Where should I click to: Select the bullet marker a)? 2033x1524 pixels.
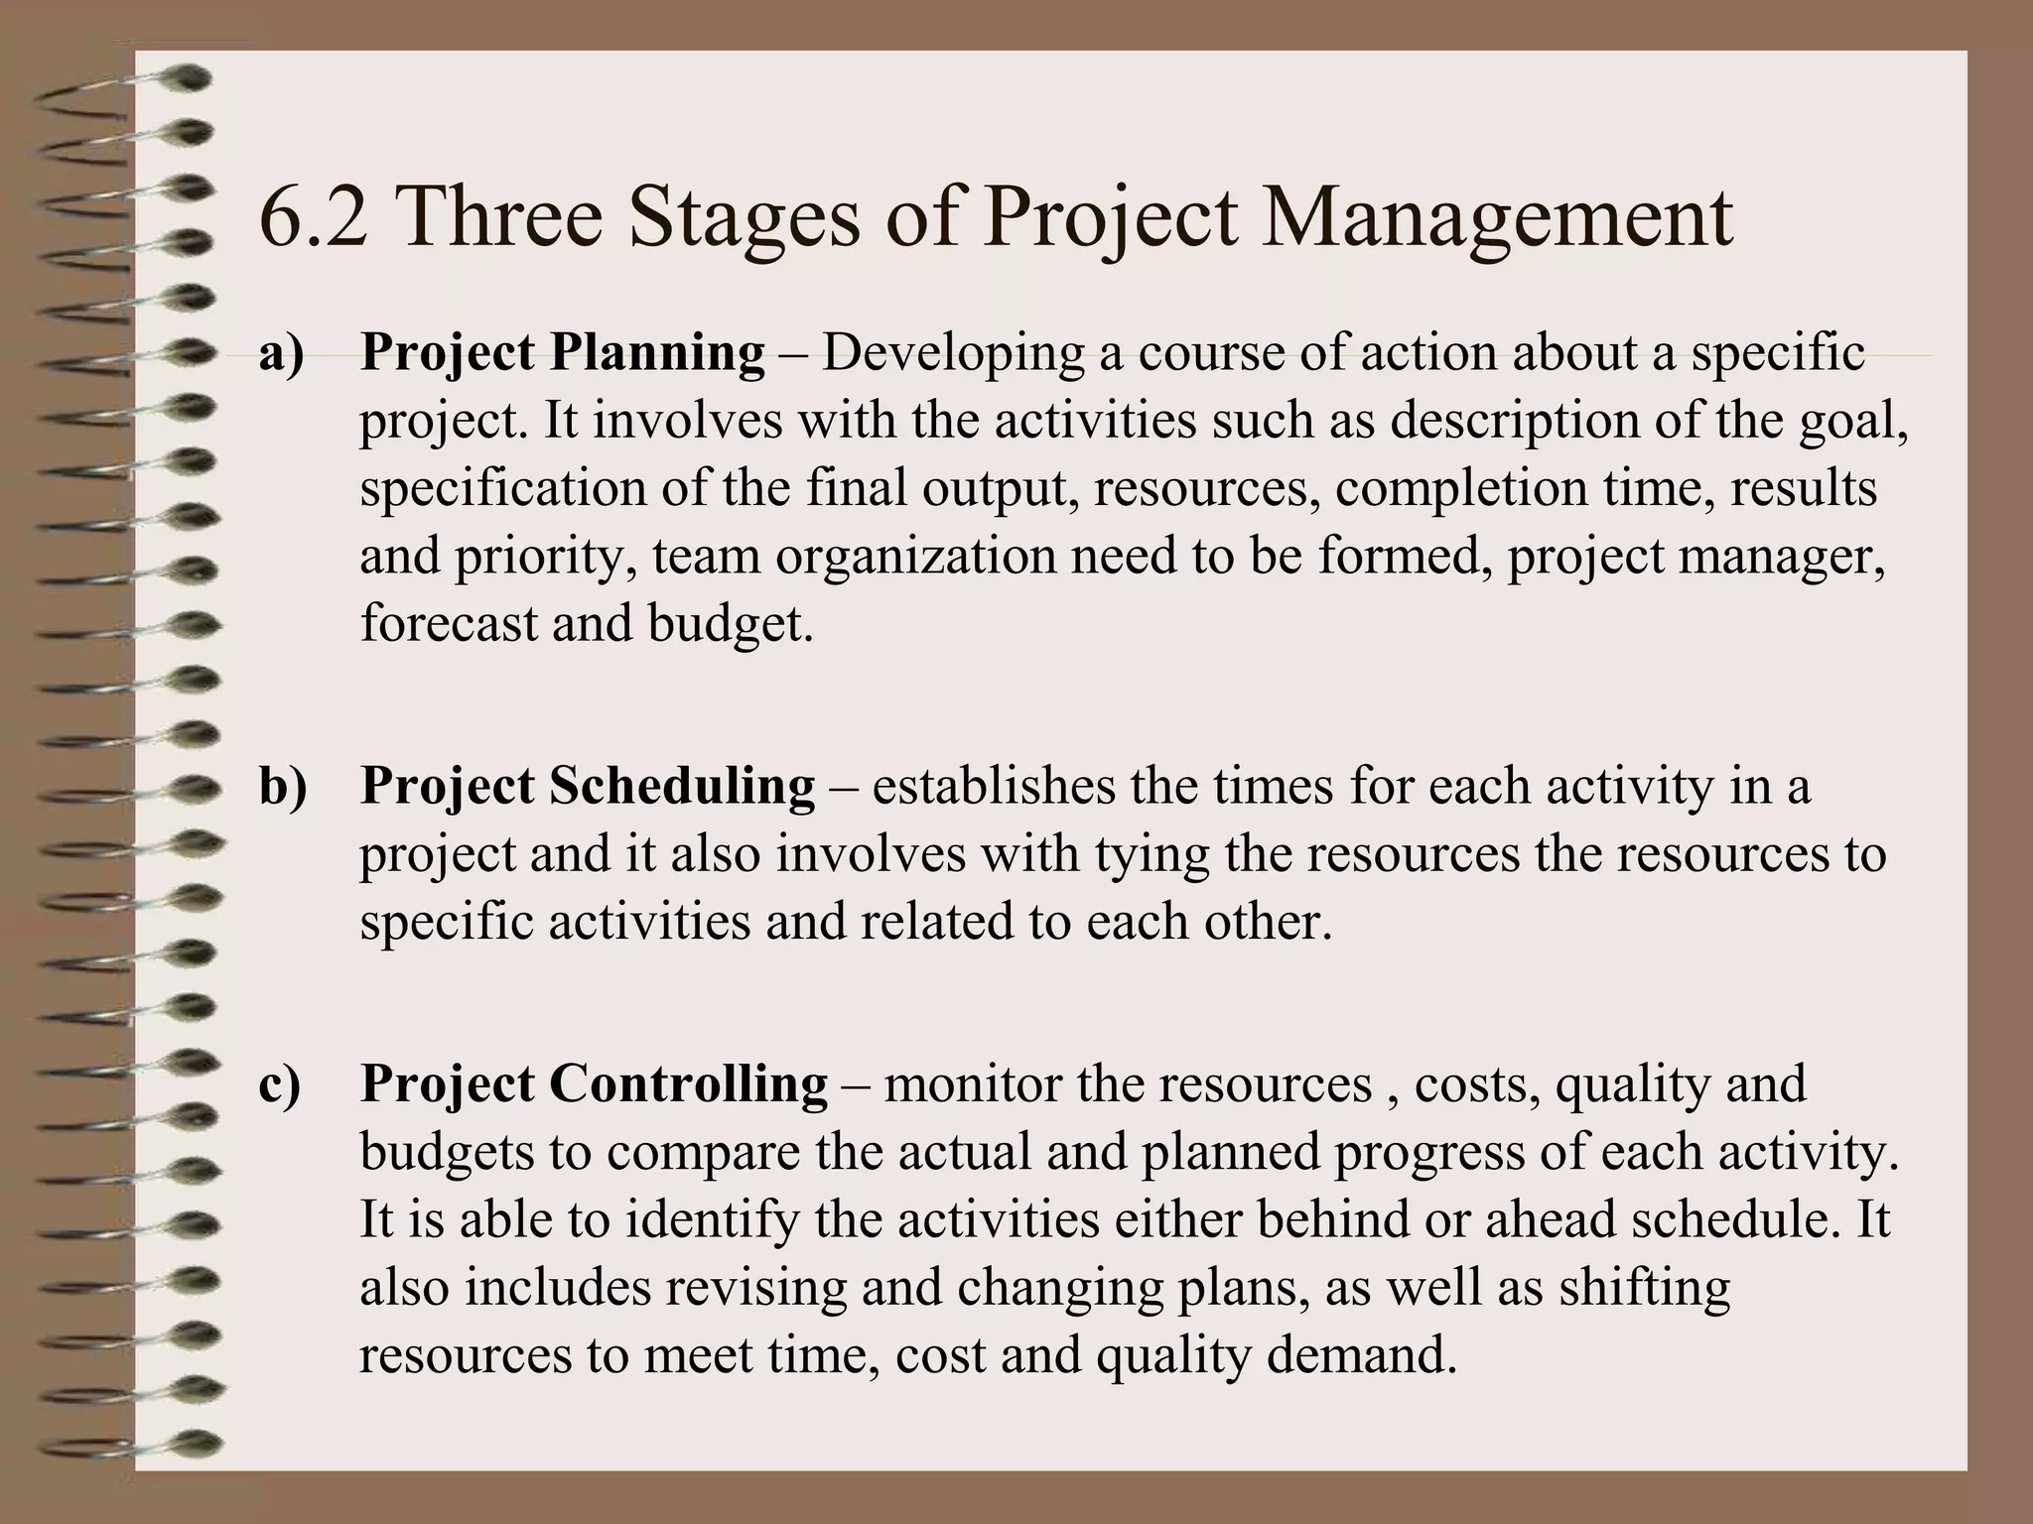pos(280,353)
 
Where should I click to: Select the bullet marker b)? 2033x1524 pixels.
pos(283,786)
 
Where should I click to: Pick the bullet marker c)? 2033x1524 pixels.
pos(279,1083)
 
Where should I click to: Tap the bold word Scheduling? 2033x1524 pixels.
pos(681,787)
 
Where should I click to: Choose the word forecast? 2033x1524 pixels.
pos(448,624)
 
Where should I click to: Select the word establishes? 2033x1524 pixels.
pos(993,787)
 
